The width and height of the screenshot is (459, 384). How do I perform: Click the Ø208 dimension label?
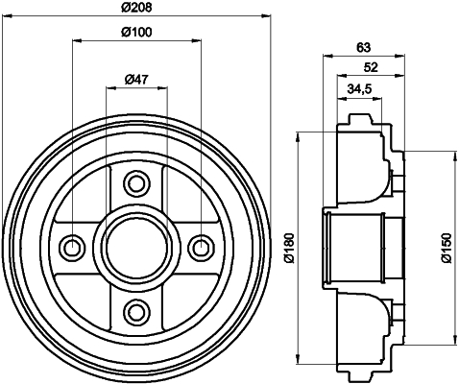pos(136,7)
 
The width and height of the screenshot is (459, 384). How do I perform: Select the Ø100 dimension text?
pos(136,32)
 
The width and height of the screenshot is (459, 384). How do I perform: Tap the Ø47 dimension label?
pos(136,79)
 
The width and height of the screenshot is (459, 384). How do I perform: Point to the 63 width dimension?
pos(364,48)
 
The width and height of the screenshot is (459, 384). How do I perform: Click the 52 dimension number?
pos(371,67)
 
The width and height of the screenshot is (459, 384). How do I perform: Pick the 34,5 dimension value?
pos(359,89)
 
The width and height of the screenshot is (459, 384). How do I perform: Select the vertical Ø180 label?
pos(289,248)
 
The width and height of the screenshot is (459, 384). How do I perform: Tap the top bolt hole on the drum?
pos(137,183)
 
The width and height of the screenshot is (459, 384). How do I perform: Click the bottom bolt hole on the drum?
pos(137,311)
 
